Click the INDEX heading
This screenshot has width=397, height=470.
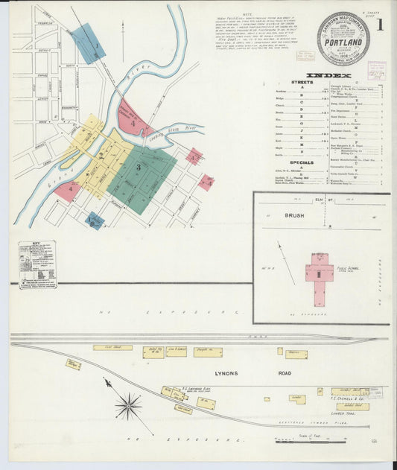click(x=325, y=75)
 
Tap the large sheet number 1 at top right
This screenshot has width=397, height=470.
click(x=380, y=24)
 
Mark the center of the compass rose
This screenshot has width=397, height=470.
click(x=128, y=407)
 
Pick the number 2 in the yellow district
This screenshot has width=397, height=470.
click(x=101, y=155)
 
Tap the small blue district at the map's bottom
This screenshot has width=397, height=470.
click(x=95, y=220)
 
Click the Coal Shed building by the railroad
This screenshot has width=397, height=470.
click(x=112, y=347)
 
